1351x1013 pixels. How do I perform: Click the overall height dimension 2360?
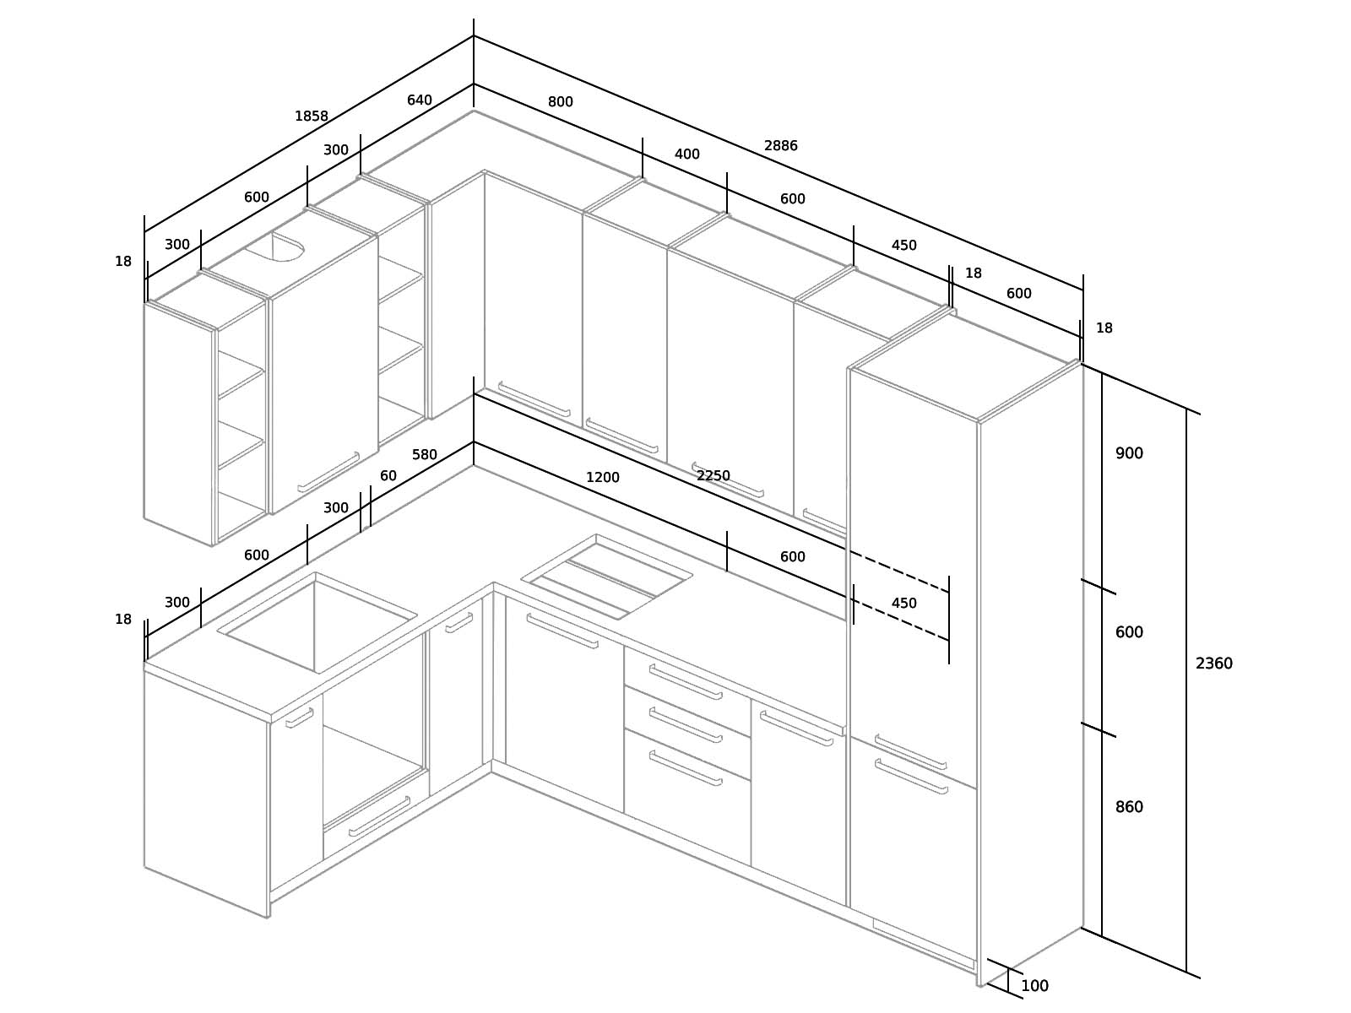click(1213, 664)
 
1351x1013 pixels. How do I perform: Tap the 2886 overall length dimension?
click(780, 146)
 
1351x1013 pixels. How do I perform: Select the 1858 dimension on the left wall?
click(312, 116)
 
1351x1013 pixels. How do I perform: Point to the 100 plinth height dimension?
click(1034, 986)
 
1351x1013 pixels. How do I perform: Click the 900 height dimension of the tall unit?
click(1129, 453)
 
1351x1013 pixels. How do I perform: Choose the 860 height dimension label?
click(1129, 807)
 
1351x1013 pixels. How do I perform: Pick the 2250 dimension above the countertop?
click(713, 475)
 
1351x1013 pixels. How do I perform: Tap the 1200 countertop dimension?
click(603, 477)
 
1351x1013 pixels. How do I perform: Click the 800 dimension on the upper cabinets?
click(560, 101)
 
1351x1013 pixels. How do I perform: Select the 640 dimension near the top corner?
click(419, 100)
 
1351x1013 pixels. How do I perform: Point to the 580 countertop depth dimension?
click(424, 454)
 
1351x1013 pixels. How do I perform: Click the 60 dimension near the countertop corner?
click(388, 475)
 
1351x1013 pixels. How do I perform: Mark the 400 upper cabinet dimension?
click(686, 154)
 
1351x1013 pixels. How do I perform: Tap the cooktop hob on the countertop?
click(607, 577)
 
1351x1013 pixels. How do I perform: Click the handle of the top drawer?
click(686, 681)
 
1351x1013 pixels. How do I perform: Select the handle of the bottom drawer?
click(686, 767)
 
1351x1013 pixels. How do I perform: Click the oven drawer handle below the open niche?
click(379, 817)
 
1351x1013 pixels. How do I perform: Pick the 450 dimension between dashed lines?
click(903, 604)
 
